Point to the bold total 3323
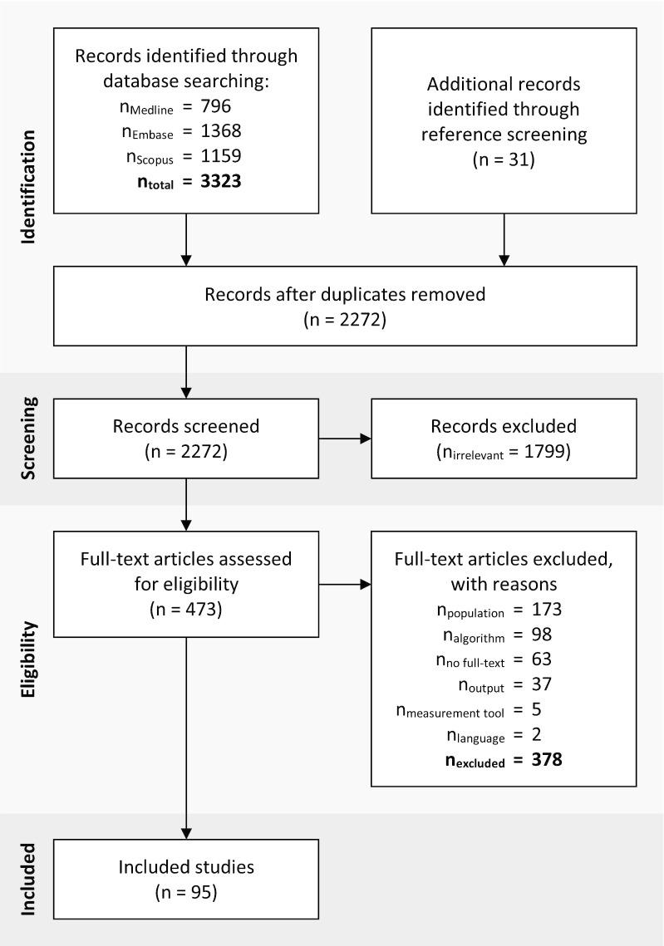coord(220,181)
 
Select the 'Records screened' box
coord(185,438)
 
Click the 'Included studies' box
coord(185,879)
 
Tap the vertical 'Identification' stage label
coord(29,188)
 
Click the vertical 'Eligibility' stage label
coord(29,660)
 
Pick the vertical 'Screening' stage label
coord(29,439)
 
